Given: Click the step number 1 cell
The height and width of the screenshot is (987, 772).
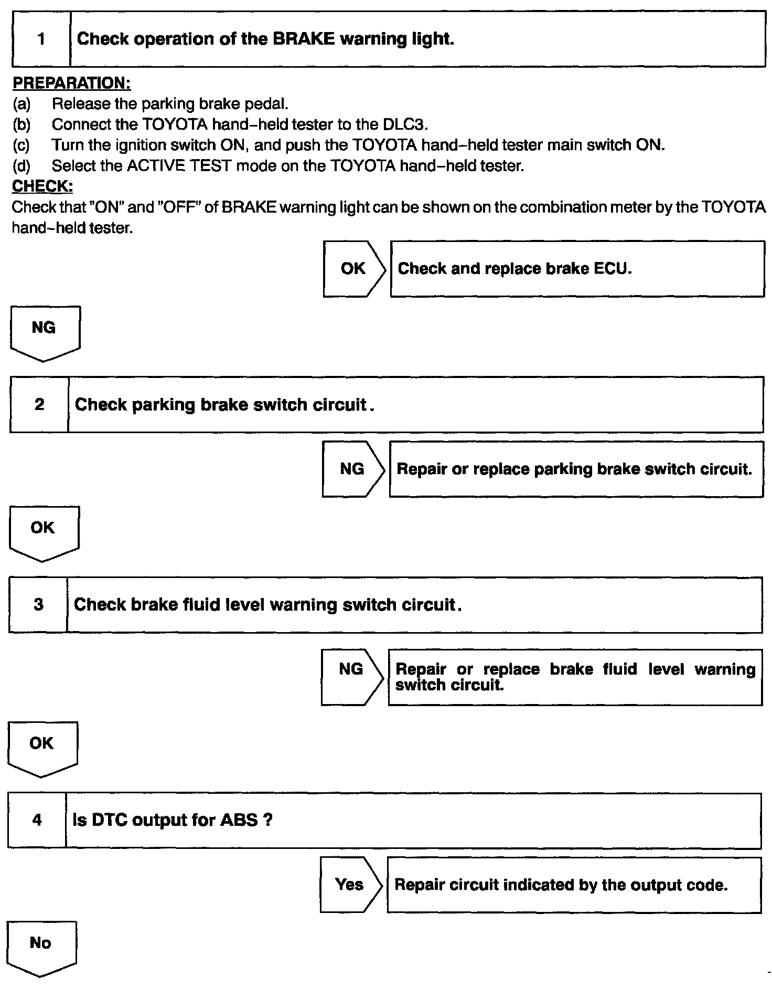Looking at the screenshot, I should point(41,39).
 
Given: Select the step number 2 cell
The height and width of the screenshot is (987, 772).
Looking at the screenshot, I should point(39,405).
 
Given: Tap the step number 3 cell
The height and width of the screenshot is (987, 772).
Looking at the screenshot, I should point(38,605).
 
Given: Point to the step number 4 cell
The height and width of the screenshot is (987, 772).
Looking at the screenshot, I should point(37,820).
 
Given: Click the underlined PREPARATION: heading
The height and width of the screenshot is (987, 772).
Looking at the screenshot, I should point(71,83).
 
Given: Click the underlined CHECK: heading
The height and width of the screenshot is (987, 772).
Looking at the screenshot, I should point(42,186).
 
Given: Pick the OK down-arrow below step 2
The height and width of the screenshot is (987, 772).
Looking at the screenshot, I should point(44,531).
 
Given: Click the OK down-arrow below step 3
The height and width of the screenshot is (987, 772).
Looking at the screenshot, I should point(42,747).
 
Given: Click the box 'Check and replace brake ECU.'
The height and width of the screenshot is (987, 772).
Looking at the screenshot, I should point(577,269).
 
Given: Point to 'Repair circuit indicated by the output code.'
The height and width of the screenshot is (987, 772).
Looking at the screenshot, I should point(574,885).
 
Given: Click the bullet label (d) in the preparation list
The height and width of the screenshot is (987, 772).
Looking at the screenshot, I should point(22,166).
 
